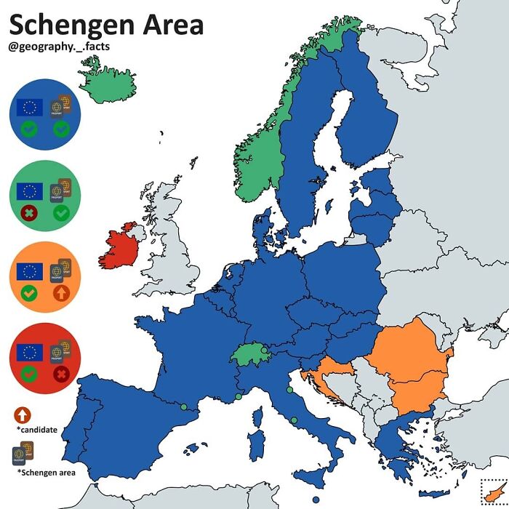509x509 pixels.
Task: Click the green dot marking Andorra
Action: pos(184,406)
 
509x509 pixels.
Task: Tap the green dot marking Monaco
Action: pos(239,396)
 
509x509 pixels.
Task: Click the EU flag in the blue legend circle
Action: pos(30,108)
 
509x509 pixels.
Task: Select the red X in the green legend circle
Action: pos(30,214)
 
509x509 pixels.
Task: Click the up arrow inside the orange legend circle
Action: pos(60,294)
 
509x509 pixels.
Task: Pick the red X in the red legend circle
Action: pos(60,375)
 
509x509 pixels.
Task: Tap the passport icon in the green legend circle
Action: pos(60,191)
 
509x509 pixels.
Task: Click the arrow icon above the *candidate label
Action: pos(22,414)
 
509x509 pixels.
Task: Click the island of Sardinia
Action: pos(256,444)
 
